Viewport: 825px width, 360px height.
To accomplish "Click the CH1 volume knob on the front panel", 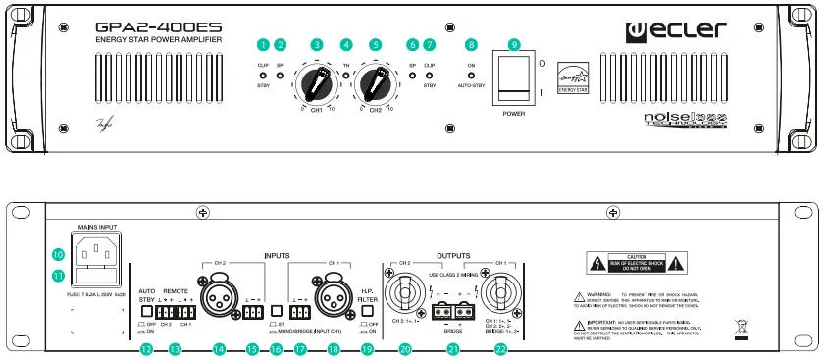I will tap(316, 79).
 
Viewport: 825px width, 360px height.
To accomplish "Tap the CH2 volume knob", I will tap(374, 79).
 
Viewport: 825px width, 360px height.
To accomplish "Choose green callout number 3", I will tap(316, 44).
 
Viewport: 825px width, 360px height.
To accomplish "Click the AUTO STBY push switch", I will tap(146, 311).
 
